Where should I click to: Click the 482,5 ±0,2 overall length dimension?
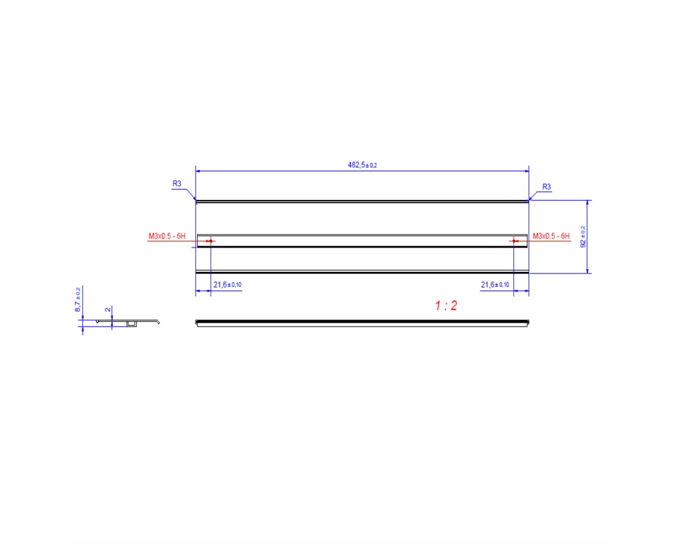tap(362, 165)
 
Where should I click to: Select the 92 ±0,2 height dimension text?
tap(583, 237)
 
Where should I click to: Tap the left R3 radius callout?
tap(177, 184)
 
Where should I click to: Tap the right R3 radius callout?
tap(547, 186)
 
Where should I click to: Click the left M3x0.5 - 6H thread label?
tap(167, 236)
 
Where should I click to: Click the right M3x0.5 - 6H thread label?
tap(551, 236)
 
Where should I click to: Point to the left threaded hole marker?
tap(211, 241)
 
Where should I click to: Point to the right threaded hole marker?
tap(514, 241)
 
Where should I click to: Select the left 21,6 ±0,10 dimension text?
tap(227, 285)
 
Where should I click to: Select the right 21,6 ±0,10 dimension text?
tap(495, 285)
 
